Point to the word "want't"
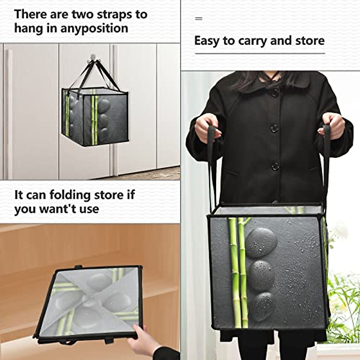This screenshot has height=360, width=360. click(54, 209)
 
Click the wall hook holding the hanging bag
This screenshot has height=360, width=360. click(93, 57)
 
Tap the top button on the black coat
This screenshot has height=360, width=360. click(275, 93)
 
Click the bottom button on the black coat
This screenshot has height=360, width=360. click(275, 166)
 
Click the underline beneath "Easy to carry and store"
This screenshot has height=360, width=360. click(260, 54)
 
